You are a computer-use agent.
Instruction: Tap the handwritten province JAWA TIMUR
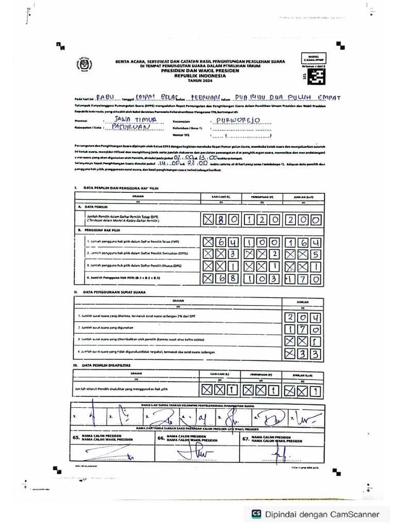tap(126, 120)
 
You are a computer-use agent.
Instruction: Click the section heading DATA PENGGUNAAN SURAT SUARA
tap(114, 292)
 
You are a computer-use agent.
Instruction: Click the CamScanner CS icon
tap(256, 514)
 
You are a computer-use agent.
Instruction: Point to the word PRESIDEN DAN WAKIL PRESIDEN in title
tap(199, 70)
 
